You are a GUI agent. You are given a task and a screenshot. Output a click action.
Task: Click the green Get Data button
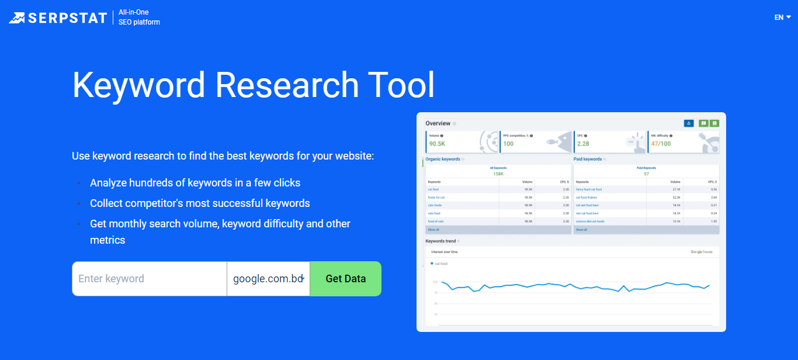pos(345,279)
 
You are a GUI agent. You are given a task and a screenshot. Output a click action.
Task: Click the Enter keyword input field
pos(149,279)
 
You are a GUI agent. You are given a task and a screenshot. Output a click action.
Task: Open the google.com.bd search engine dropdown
pos(268,279)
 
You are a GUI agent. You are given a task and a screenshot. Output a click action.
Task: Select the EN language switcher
pos(782,18)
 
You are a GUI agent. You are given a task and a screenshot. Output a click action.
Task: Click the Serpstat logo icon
pos(17,18)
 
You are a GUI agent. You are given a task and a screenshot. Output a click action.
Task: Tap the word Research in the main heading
pos(287,85)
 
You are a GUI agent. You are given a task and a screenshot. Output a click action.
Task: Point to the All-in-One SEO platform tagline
pos(139,18)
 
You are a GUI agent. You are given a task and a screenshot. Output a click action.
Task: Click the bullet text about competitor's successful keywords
pos(200,203)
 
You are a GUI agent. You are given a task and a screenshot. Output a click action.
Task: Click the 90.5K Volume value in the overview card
pos(437,144)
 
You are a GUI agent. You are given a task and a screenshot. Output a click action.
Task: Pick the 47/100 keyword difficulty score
pos(661,144)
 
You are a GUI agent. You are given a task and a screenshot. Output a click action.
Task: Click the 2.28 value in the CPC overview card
pos(583,144)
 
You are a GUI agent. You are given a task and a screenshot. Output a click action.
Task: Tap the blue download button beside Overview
pos(689,123)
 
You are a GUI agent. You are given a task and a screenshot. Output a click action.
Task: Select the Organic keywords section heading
pos(443,159)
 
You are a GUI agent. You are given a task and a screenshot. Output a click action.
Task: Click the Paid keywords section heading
pos(588,159)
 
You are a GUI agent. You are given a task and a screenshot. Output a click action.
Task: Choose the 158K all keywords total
pos(498,174)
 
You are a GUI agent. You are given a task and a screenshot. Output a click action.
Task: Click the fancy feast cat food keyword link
pos(589,189)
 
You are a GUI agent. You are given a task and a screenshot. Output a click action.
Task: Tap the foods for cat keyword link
pos(436,198)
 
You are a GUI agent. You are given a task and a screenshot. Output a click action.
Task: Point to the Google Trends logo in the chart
pos(702,252)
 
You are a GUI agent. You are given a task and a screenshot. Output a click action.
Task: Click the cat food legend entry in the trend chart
pos(440,264)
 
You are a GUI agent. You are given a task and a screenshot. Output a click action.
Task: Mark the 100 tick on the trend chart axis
pos(435,282)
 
